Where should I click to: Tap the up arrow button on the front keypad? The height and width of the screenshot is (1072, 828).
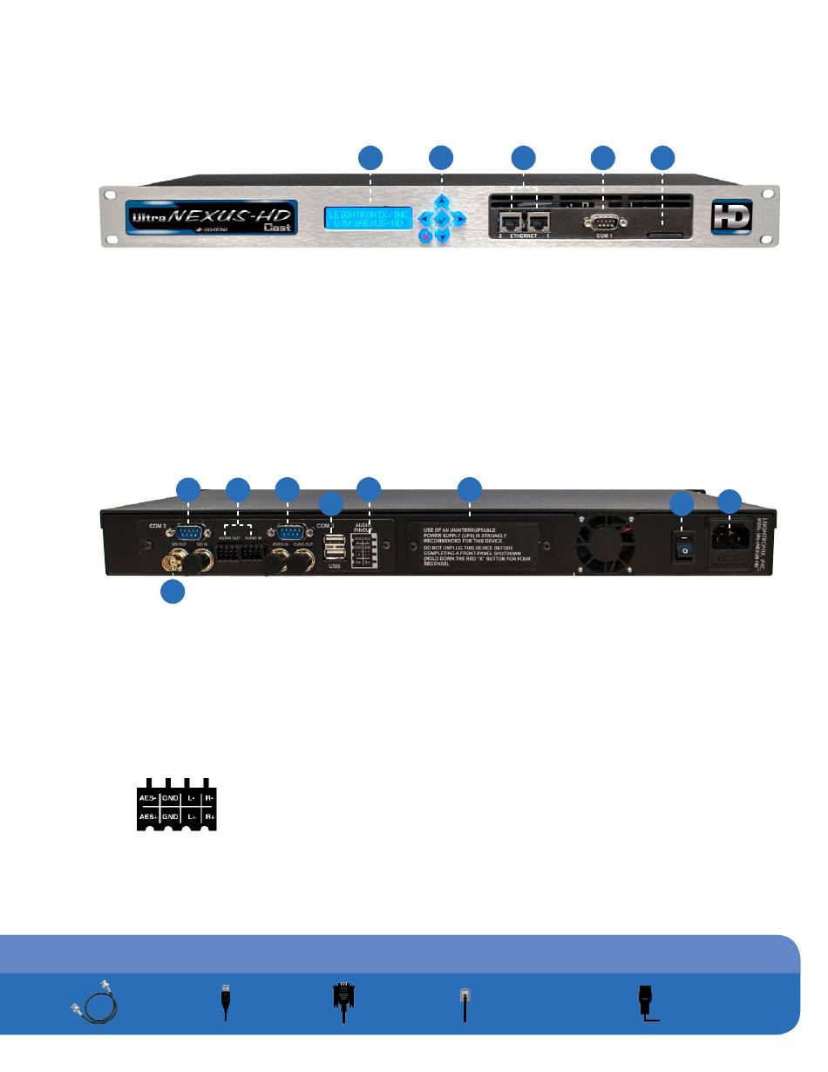pos(442,199)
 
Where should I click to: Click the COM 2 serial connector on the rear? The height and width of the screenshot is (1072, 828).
pos(189,535)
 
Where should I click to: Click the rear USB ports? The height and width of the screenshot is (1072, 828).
pos(332,550)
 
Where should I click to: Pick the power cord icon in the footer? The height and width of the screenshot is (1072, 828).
pos(646,1003)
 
